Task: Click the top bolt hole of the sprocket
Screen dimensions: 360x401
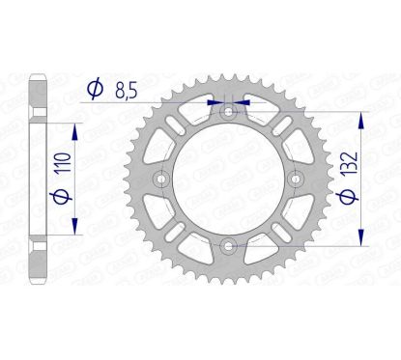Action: coord(227,113)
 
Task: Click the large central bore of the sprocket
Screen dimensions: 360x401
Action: coord(227,179)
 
